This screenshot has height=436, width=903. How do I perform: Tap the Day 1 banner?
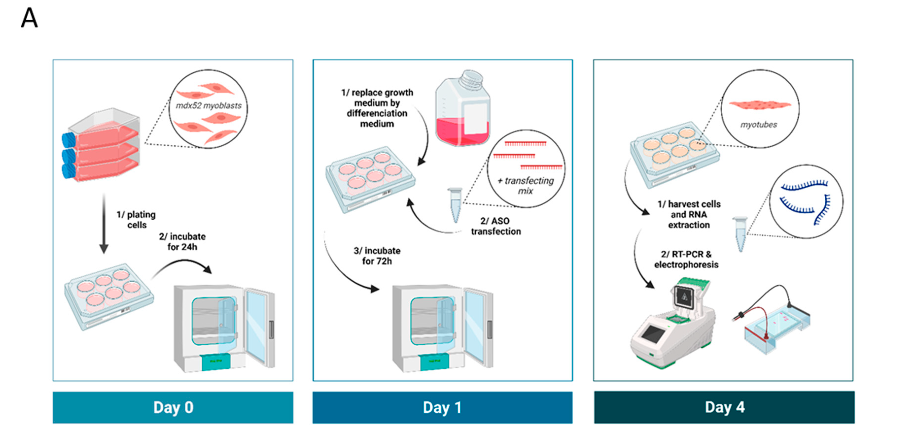pyautogui.click(x=442, y=407)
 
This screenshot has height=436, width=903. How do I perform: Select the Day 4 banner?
pyautogui.click(x=724, y=407)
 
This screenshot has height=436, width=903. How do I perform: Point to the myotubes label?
pyautogui.click(x=759, y=125)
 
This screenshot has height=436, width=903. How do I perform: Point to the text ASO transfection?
pyautogui.click(x=495, y=226)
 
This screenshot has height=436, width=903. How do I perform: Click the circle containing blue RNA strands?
pyautogui.click(x=806, y=202)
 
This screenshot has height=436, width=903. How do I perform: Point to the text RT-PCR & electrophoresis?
pyautogui.click(x=686, y=259)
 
